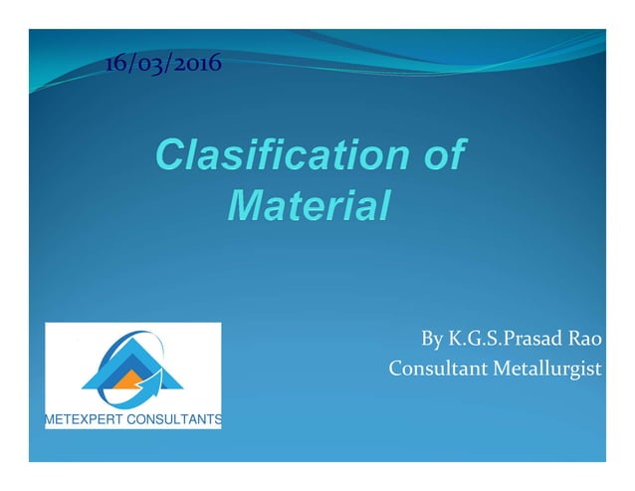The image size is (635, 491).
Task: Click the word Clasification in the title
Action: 279,156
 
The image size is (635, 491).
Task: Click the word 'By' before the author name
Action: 433,341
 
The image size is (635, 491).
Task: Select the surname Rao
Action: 585,341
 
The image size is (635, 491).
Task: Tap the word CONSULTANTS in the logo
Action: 179,420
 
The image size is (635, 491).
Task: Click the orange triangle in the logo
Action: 127,379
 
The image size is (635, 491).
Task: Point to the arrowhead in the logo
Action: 150,378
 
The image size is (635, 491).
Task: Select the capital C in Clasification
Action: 169,156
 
